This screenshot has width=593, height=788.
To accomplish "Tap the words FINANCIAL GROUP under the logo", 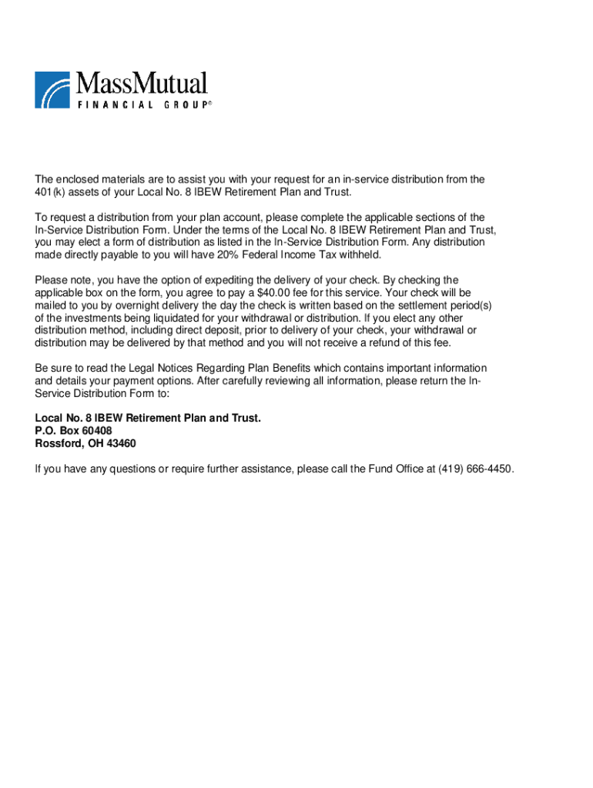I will [x=142, y=104].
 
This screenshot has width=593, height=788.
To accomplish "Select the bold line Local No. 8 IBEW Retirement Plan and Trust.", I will [x=148, y=418].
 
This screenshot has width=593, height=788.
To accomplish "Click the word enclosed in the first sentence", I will [x=75, y=179].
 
